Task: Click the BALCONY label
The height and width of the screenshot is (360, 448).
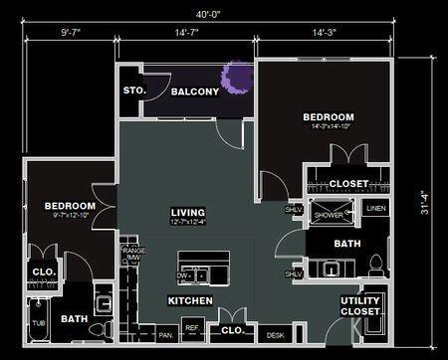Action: pos(194,91)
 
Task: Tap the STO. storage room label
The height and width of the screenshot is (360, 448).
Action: pos(134,90)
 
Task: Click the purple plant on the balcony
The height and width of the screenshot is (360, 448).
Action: pos(238,78)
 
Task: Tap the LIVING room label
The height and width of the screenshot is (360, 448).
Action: pos(187,212)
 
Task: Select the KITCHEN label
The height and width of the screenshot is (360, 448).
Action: pos(188,299)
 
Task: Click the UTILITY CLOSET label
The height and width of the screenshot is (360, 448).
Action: pos(360,306)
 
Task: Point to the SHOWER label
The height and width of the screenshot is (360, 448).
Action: pos(329,215)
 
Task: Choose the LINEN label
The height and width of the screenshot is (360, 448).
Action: pos(374,209)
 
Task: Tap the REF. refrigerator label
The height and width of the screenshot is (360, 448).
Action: pos(192,328)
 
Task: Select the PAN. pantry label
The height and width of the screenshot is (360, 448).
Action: pos(165,336)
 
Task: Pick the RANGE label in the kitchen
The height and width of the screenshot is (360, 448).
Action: pos(131,251)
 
